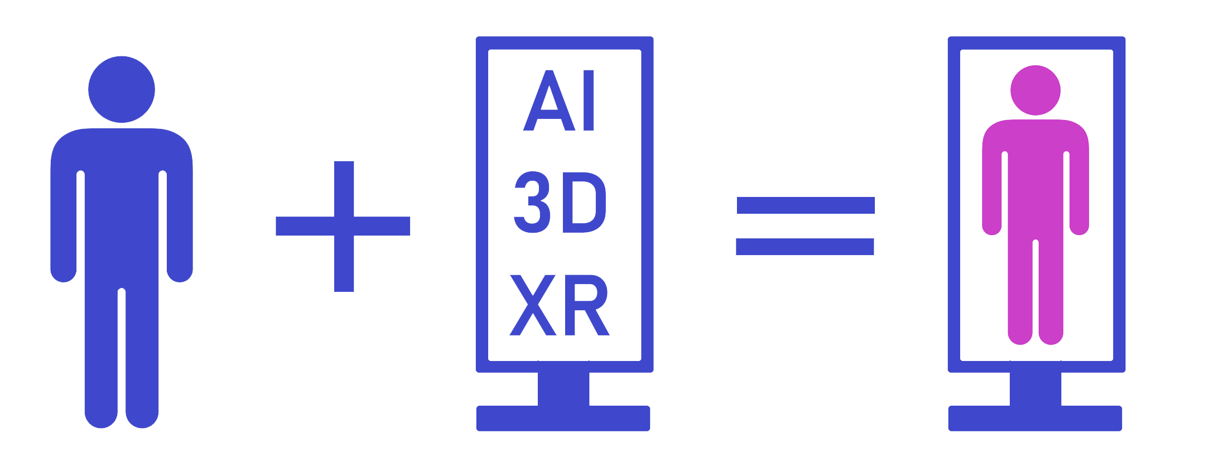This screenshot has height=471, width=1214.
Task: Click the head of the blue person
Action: point(122,89)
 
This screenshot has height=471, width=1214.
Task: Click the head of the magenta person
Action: point(1035,90)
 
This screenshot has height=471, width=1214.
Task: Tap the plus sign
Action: point(344,226)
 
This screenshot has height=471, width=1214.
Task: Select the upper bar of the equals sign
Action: point(806,205)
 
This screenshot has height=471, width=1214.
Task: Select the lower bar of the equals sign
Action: point(804,247)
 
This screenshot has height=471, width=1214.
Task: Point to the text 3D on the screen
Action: point(560,202)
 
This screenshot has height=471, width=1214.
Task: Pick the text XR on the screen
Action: point(560,305)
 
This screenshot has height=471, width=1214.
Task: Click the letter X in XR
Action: point(533,305)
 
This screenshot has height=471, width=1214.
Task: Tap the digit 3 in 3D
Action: point(532,202)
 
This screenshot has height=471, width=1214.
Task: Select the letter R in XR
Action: point(586,305)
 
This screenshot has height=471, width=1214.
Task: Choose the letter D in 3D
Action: point(584,202)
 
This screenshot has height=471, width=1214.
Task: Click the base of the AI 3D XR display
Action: point(563,419)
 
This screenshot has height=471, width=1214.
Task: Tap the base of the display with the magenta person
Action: point(1035,419)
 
